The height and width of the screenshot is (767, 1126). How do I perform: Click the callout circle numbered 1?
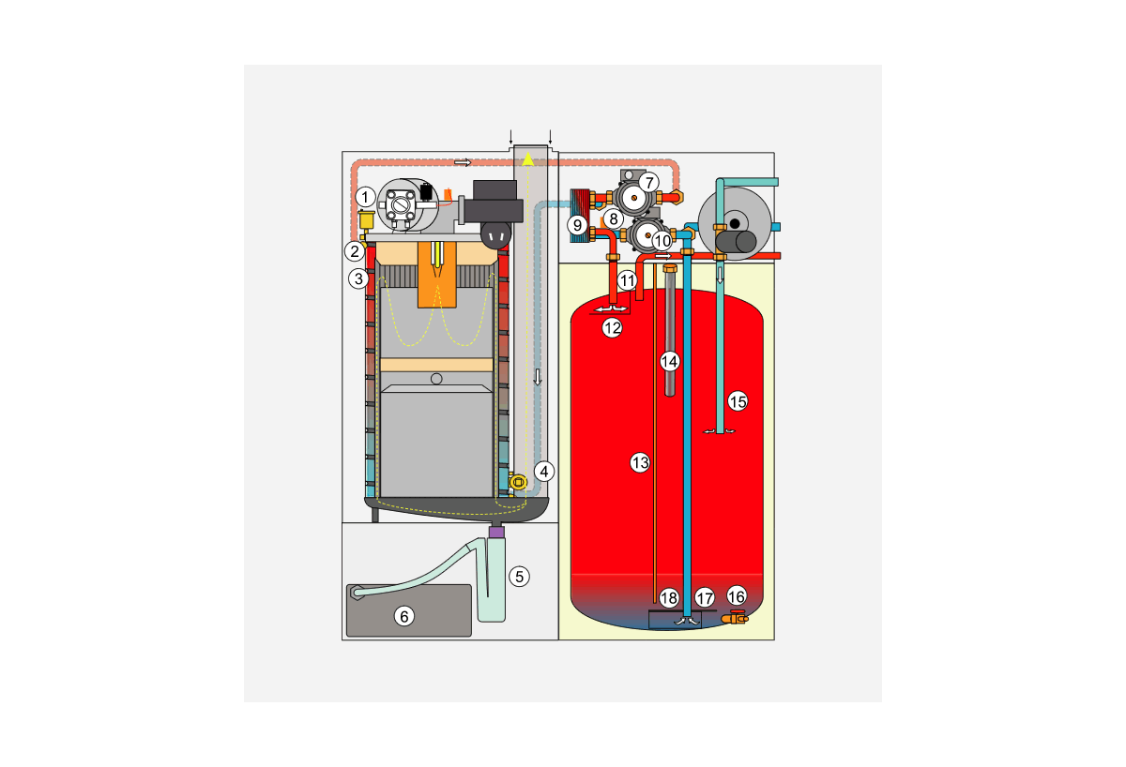(x=366, y=197)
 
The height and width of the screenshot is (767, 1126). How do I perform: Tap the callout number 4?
(x=545, y=471)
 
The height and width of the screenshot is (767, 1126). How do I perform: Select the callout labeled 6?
(x=403, y=616)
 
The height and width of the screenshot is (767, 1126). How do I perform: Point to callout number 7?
(x=649, y=182)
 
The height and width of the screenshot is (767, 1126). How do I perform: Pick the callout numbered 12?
(x=612, y=328)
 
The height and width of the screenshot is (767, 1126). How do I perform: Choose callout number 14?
(x=669, y=360)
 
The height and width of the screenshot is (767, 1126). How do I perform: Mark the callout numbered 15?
(x=738, y=401)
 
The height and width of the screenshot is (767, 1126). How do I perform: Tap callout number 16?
(x=737, y=596)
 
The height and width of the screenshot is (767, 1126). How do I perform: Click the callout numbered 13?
(x=640, y=462)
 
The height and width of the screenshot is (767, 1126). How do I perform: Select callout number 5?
(x=519, y=576)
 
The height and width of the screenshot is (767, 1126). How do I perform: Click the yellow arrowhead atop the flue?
(x=529, y=160)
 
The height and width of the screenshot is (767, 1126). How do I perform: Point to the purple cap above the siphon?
(x=497, y=532)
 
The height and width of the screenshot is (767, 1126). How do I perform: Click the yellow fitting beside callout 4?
(x=518, y=481)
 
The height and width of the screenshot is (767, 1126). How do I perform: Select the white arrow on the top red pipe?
(x=462, y=162)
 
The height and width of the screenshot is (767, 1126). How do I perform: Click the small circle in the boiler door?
(x=435, y=379)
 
